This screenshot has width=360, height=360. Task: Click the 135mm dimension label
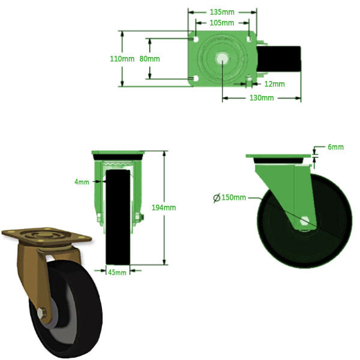(223, 11)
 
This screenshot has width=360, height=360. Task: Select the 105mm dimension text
(223, 23)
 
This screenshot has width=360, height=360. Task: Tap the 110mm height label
(122, 59)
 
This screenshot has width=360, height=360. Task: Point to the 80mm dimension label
(149, 59)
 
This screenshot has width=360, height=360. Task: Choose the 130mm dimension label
(262, 98)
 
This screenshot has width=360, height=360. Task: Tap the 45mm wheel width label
(117, 272)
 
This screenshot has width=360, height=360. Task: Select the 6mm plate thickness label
(335, 147)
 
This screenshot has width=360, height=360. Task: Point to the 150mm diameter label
(234, 198)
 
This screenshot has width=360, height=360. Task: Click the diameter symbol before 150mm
(217, 198)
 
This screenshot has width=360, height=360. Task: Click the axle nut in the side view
(305, 221)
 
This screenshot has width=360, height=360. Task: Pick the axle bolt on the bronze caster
(41, 313)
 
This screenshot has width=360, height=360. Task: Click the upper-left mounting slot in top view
(195, 40)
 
